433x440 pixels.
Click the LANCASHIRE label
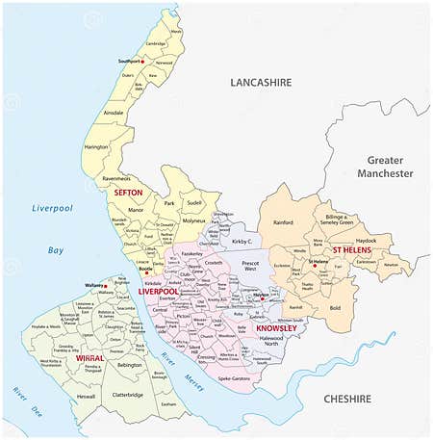260,84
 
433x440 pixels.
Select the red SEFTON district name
128,193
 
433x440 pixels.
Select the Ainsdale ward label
113,113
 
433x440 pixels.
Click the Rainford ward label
282,222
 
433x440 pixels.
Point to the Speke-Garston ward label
234,378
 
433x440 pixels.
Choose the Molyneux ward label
194,220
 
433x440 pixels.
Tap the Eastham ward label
170,405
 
